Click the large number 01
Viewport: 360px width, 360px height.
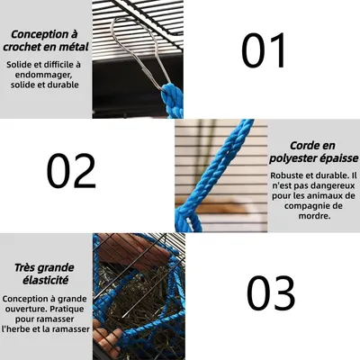coord(264,50)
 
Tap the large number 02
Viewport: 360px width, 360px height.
coord(71,171)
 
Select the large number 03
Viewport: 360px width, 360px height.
coord(270,293)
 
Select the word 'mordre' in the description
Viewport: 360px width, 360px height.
coord(312,216)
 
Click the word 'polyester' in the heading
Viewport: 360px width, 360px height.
coord(303,157)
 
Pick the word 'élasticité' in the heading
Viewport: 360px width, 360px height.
coord(43,281)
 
